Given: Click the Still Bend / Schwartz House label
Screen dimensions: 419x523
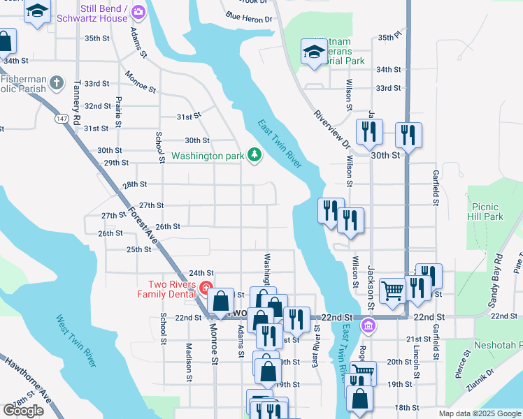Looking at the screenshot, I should (x=104, y=13).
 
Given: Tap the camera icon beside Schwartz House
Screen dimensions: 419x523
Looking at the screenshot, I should (x=138, y=11).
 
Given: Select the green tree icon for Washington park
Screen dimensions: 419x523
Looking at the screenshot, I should (x=255, y=154).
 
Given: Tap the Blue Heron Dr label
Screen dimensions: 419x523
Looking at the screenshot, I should (x=248, y=17).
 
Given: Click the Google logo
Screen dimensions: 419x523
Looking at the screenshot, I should (x=23, y=411).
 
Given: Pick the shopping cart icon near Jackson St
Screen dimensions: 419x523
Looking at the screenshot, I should (x=392, y=290).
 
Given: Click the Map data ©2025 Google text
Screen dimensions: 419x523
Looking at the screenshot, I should (x=479, y=413).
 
